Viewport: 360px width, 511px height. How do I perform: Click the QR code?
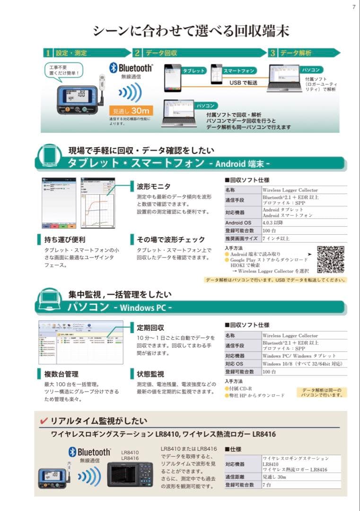coord(330,259)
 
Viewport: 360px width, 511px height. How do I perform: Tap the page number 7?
coord(353,7)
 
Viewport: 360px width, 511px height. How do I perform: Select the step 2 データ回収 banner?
coord(199,53)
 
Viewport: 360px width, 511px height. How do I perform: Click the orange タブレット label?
coord(194,70)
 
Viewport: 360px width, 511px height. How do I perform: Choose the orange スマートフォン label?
coord(239,70)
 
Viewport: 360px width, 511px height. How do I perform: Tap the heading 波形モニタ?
coord(153,186)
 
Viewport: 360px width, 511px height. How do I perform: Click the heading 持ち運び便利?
coord(64,239)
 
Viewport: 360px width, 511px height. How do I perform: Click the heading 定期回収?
coord(150,327)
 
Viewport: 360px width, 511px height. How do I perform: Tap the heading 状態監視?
coord(150,374)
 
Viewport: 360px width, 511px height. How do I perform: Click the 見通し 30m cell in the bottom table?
coord(275,477)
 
